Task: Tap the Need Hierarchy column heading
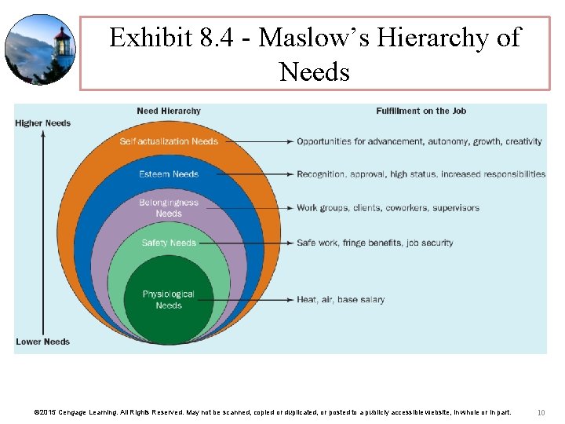click(168, 111)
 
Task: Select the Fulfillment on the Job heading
click(421, 111)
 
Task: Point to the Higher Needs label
click(42, 123)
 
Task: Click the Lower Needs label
click(42, 342)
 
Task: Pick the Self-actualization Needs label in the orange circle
click(169, 141)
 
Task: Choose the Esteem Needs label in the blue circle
click(169, 174)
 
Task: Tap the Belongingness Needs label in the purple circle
click(169, 208)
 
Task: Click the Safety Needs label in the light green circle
click(169, 243)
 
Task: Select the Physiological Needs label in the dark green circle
click(169, 300)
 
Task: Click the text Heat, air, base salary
click(341, 299)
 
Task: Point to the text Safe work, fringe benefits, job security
click(375, 243)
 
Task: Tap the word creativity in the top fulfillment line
click(523, 141)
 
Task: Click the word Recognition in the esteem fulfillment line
click(322, 174)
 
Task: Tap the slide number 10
click(541, 412)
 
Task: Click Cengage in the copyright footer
click(73, 412)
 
